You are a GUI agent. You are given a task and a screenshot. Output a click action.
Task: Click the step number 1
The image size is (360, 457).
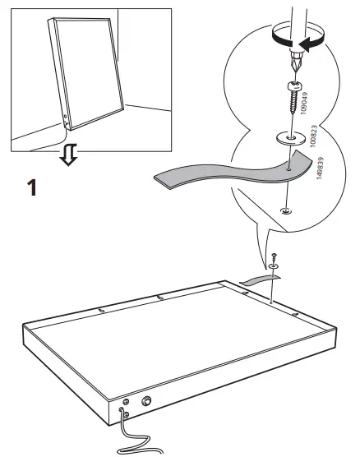(32, 187)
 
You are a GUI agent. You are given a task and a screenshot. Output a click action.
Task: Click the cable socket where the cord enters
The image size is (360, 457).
(125, 404)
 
